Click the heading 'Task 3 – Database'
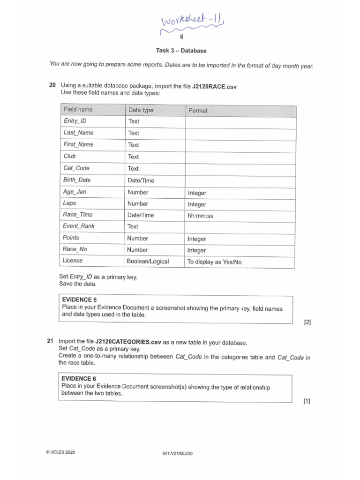click(x=181, y=50)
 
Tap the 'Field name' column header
click(x=78, y=110)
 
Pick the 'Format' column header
click(x=198, y=111)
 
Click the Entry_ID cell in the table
click(x=75, y=121)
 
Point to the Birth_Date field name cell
click(x=77, y=180)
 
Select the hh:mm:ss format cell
click(x=200, y=216)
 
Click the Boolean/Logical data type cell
click(x=148, y=261)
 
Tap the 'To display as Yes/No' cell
click(x=214, y=262)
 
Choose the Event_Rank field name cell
click(x=79, y=226)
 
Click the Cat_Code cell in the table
click(x=76, y=168)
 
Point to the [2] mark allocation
click(x=307, y=322)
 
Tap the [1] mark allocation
click(x=307, y=401)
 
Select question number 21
click(x=51, y=342)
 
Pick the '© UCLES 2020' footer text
click(x=60, y=452)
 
